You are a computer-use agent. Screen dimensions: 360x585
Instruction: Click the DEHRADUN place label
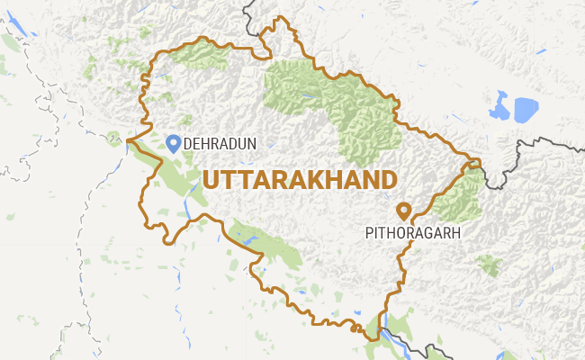(220, 143)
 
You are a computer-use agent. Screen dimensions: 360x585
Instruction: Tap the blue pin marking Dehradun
(173, 142)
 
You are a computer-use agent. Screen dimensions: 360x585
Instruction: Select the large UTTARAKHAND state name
(300, 178)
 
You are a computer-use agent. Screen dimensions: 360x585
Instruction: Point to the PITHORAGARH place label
(413, 232)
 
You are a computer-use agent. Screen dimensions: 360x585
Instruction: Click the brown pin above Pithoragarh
(404, 210)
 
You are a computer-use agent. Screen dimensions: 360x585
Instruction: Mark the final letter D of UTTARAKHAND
(388, 178)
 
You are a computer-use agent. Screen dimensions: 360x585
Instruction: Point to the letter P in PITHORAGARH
(369, 232)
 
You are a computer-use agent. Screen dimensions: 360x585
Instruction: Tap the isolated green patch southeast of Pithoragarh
(489, 265)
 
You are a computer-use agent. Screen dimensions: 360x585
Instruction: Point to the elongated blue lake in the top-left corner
(28, 31)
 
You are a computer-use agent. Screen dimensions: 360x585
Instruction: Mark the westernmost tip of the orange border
(128, 140)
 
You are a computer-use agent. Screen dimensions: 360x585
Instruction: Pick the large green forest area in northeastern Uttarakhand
(346, 103)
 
